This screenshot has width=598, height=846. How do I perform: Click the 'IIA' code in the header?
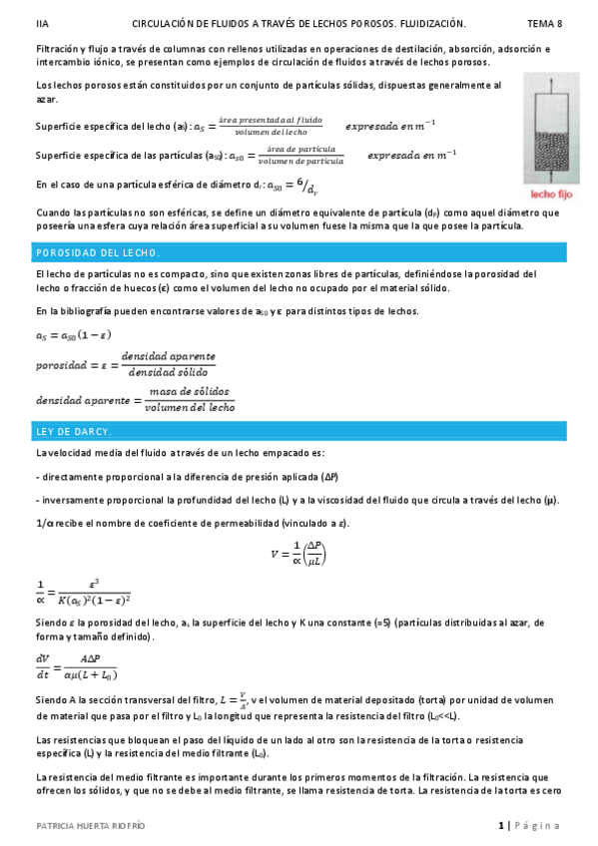41,22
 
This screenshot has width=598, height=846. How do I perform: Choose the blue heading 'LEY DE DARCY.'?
73,431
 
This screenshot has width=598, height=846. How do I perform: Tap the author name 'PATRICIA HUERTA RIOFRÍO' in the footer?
91,826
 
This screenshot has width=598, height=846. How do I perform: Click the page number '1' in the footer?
501,826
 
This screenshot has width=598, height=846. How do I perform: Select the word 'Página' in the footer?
539,826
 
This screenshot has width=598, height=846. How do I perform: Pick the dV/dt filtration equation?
76,665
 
